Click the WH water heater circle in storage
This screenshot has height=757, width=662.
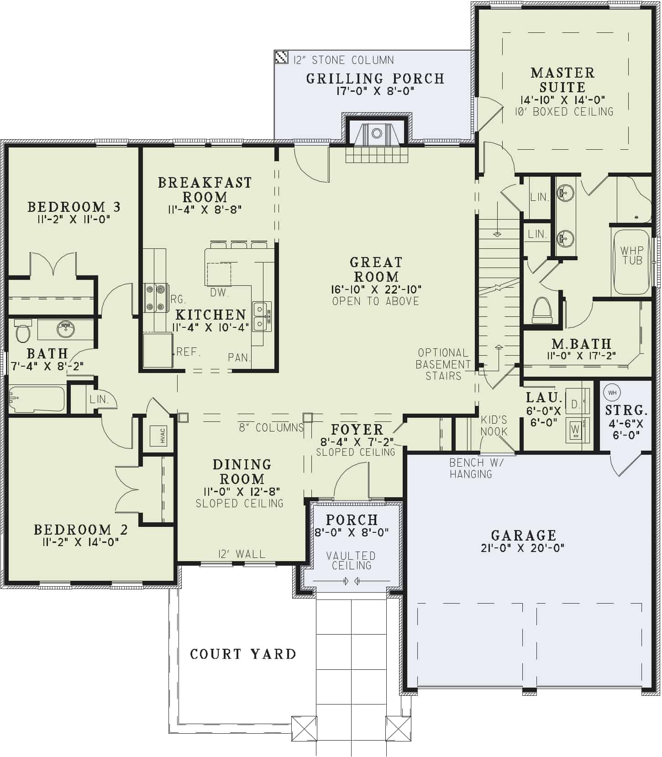click(612, 393)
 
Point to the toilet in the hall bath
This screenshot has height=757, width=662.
click(22, 331)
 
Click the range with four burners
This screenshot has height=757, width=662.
click(155, 298)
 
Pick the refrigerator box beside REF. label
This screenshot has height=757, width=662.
click(158, 350)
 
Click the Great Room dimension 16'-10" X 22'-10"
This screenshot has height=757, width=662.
click(376, 289)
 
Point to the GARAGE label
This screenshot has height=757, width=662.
click(524, 535)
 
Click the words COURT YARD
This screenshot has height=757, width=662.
click(243, 654)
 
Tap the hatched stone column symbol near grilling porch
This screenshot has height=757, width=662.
click(281, 57)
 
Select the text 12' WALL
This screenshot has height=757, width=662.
click(242, 554)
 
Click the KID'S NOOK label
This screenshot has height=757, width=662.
click(494, 426)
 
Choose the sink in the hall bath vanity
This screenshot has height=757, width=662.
click(66, 329)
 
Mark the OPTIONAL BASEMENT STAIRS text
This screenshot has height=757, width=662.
click(442, 364)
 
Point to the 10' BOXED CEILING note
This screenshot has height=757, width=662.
click(564, 112)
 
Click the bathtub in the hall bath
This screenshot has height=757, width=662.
click(37, 400)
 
